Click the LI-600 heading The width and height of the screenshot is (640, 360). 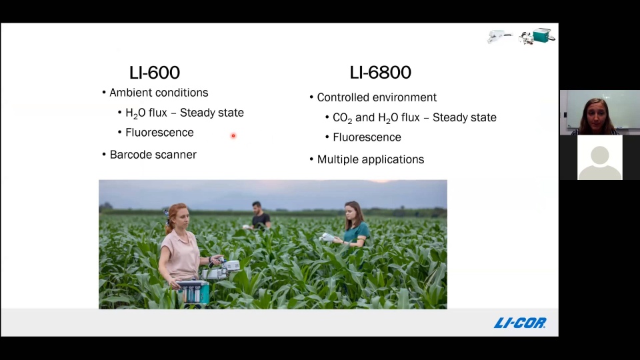tap(154, 73)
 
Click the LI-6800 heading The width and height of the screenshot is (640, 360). tap(380, 73)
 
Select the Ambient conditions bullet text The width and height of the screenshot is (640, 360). tap(159, 93)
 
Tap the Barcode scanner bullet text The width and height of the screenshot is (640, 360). tap(153, 155)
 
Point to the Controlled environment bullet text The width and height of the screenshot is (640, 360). tap(377, 97)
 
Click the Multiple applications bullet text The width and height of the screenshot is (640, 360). tap(370, 159)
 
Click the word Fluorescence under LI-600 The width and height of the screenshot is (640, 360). tap(159, 133)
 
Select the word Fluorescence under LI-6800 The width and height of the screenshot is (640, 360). tap(367, 137)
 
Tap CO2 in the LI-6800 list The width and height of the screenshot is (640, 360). tap(341, 118)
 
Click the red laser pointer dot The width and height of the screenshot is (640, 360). tap(233, 136)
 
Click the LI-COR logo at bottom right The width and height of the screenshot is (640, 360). tap(520, 323)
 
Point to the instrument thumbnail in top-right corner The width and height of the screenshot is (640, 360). tap(521, 37)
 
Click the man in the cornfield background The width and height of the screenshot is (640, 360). tap(259, 215)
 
